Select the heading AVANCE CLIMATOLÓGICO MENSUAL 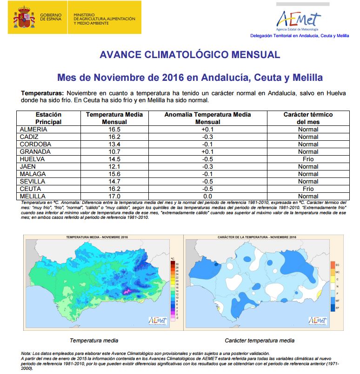point(190,55)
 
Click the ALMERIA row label point(33,129)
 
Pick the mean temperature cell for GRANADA point(114,151)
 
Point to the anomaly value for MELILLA point(208,196)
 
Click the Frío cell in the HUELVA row point(308,159)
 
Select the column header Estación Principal point(48,118)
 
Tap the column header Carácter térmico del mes point(308,118)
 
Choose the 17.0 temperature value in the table point(114,196)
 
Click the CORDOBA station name point(35,144)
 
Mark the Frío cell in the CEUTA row point(308,189)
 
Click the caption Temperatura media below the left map point(93,341)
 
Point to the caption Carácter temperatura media point(259,341)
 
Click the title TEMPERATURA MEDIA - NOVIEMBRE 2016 point(97,237)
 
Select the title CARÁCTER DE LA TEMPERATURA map point(257,237)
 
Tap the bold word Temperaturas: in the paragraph point(39,93)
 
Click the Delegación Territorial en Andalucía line point(300,35)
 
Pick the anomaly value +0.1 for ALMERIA point(208,129)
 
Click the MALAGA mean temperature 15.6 point(114,174)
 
